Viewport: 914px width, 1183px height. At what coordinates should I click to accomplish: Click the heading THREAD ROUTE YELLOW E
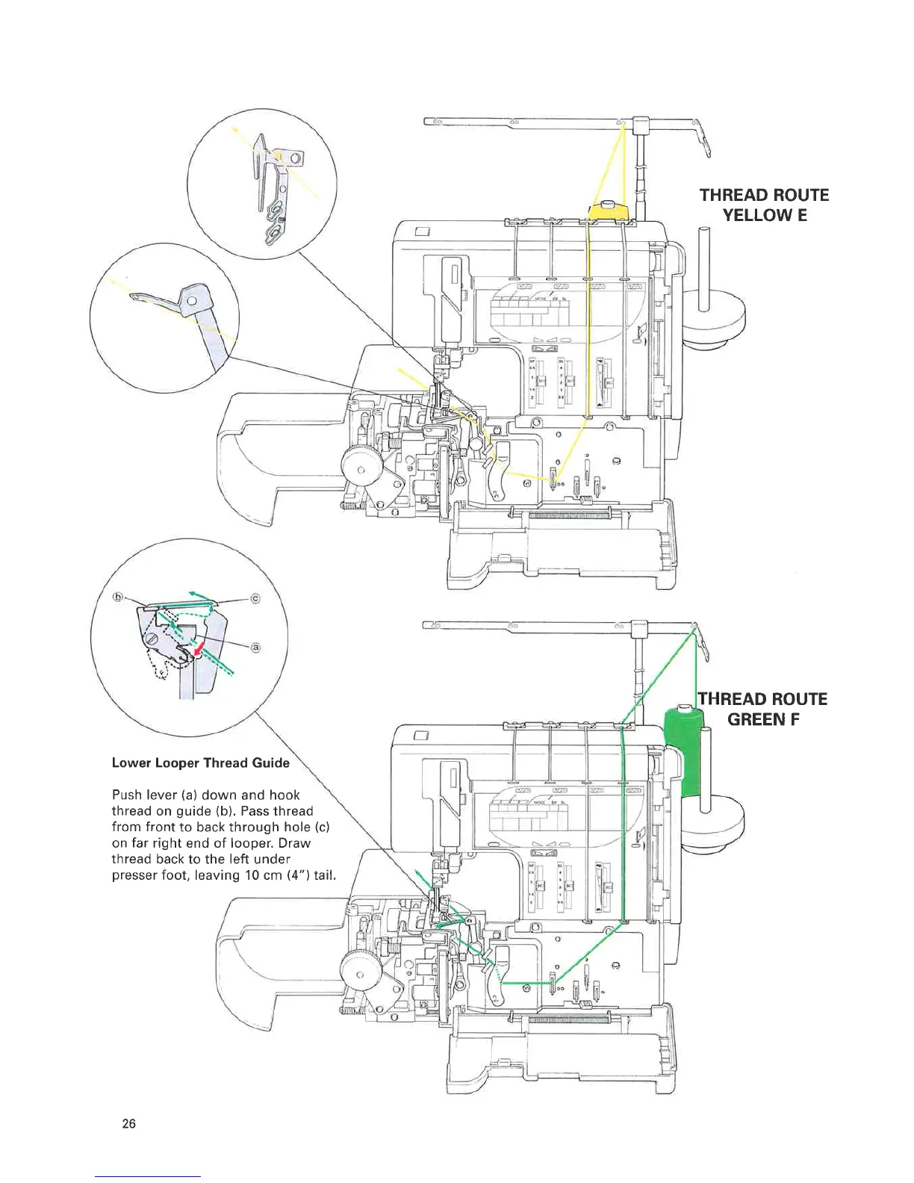[764, 205]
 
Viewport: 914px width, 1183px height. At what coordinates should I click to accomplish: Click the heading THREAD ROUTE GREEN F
[763, 710]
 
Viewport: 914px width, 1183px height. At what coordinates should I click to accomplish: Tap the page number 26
[128, 1124]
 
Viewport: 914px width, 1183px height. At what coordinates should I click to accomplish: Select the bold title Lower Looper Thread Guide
[200, 763]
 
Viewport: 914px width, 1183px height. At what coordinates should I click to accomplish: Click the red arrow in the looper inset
[198, 651]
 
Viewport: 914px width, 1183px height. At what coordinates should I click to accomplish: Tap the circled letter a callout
[255, 648]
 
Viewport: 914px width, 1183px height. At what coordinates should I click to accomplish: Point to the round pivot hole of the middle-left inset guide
[193, 301]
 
